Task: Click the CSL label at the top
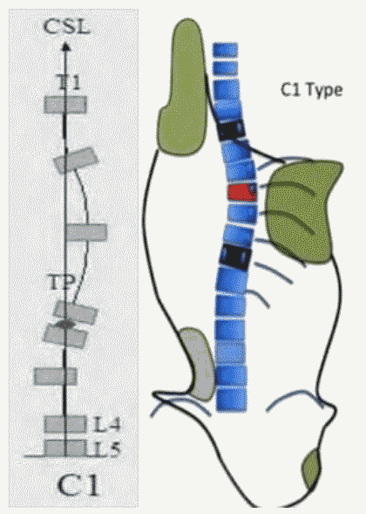pyautogui.click(x=67, y=26)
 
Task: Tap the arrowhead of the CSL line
pyautogui.click(x=66, y=47)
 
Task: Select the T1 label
pyautogui.click(x=69, y=82)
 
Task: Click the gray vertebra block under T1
pyautogui.click(x=65, y=105)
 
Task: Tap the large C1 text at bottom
pyautogui.click(x=78, y=485)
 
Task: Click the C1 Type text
pyautogui.click(x=312, y=90)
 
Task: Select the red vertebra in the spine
pyautogui.click(x=242, y=192)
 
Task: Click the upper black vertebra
pyautogui.click(x=232, y=131)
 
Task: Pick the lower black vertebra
pyautogui.click(x=235, y=257)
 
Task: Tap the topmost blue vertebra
pyautogui.click(x=225, y=50)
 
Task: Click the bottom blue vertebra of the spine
pyautogui.click(x=231, y=400)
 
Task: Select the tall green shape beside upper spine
pyautogui.click(x=182, y=87)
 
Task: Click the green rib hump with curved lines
pyautogui.click(x=302, y=211)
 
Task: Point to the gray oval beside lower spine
pyautogui.click(x=198, y=363)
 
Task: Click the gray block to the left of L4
pyautogui.click(x=65, y=424)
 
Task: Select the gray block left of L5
pyautogui.click(x=65, y=448)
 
